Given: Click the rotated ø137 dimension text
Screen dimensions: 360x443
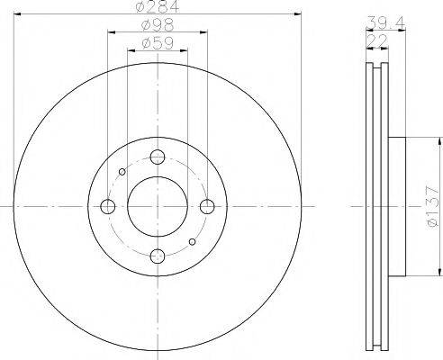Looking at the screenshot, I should coord(431,206).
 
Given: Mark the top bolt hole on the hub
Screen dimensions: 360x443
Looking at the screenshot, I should coord(158,157).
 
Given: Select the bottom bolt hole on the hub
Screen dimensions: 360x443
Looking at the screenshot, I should coord(158,256).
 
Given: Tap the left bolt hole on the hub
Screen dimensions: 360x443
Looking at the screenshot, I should coord(109,207).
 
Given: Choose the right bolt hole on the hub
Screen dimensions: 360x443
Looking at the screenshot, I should coord(207,207).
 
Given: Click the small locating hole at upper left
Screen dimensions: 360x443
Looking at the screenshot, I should coord(123,172).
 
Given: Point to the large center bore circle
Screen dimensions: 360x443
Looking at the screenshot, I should coord(158,207).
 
